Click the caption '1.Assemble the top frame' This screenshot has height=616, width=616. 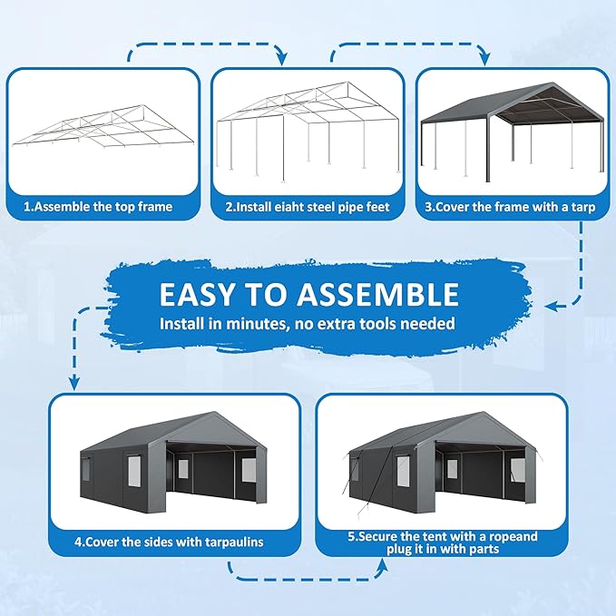tap(98, 207)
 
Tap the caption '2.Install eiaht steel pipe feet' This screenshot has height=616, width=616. tap(308, 207)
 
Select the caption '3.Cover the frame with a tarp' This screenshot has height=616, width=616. tap(509, 207)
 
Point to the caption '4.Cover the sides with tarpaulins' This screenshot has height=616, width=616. tap(170, 543)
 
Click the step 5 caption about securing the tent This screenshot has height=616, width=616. tap(443, 543)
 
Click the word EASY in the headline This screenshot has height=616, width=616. tap(202, 295)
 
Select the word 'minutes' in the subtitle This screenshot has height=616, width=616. tap(268, 323)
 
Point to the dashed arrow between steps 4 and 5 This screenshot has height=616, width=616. tap(303, 575)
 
